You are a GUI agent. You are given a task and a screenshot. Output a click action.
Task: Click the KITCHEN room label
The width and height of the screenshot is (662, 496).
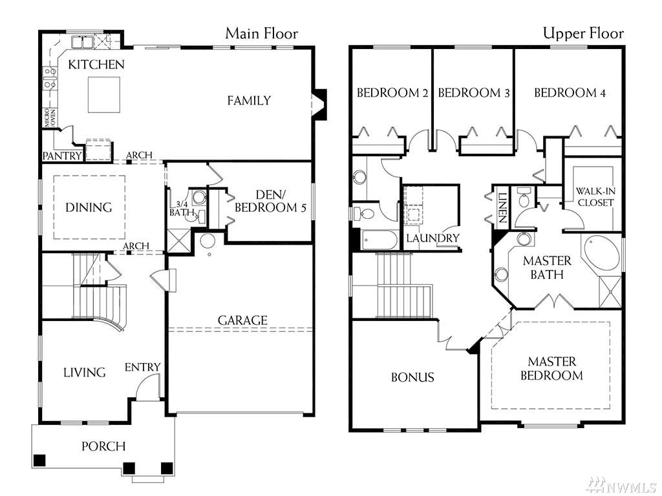(x=96, y=65)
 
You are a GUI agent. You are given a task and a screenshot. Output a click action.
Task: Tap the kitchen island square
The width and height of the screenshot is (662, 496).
(x=104, y=94)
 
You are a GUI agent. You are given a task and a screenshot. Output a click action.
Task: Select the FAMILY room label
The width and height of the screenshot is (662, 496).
(x=249, y=101)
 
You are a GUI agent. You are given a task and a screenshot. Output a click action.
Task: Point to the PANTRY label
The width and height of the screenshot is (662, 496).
(x=62, y=156)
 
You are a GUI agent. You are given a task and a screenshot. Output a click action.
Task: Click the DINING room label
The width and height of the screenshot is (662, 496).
(x=89, y=207)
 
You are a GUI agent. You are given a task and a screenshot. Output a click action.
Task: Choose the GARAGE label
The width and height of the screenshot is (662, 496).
(x=243, y=320)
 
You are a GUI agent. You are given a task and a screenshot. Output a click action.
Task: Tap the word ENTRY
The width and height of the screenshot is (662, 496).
(x=142, y=367)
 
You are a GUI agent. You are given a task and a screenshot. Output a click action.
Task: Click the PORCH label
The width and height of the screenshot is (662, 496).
(x=103, y=446)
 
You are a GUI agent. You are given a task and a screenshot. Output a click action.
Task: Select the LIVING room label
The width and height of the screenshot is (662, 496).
(x=85, y=373)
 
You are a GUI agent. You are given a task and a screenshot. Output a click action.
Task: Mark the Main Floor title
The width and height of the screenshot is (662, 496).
(x=262, y=34)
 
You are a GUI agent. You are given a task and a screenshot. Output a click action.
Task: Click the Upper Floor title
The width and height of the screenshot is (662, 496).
(x=583, y=33)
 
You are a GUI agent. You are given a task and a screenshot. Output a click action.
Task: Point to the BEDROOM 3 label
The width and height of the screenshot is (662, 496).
(x=474, y=93)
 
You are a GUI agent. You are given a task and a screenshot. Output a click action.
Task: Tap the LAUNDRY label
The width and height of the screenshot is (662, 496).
(x=432, y=238)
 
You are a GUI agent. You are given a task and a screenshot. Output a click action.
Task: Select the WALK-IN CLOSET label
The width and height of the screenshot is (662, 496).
(x=595, y=197)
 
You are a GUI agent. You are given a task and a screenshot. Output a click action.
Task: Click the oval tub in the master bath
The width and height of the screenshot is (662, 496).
(x=602, y=253)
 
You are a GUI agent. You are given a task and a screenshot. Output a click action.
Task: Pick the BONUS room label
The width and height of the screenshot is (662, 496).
(x=412, y=377)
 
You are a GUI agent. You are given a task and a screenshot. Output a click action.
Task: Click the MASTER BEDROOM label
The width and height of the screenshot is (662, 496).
(x=551, y=369)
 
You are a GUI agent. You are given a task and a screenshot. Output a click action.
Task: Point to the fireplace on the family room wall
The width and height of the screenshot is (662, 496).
(x=320, y=104)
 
